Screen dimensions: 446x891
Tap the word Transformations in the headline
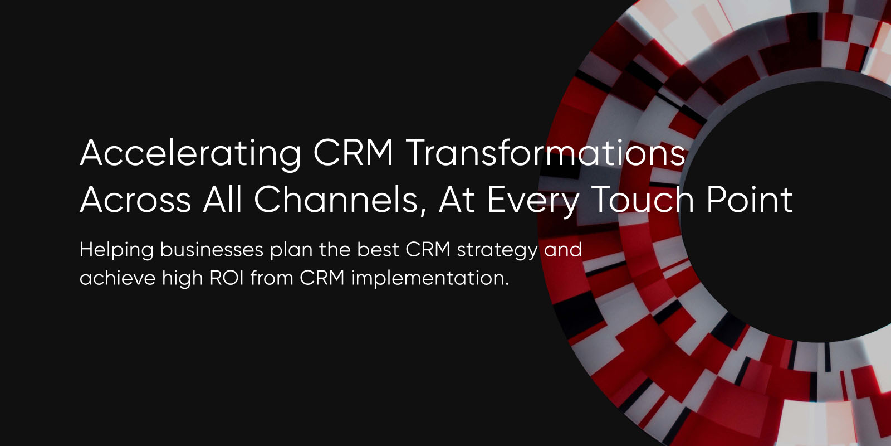pyautogui.click(x=546, y=153)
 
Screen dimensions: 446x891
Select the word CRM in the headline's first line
pyautogui.click(x=353, y=153)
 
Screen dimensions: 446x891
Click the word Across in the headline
pyautogui.click(x=135, y=200)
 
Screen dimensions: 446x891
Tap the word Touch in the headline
pyautogui.click(x=642, y=200)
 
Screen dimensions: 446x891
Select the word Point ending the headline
pyautogui.click(x=750, y=200)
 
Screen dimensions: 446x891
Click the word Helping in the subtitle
pyautogui.click(x=116, y=250)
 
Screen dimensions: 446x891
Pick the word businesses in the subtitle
pyautogui.click(x=212, y=250)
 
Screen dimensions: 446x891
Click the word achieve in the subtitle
pyautogui.click(x=118, y=278)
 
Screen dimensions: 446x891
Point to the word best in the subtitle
pyautogui.click(x=378, y=250)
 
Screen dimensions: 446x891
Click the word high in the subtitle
pyautogui.click(x=182, y=278)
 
